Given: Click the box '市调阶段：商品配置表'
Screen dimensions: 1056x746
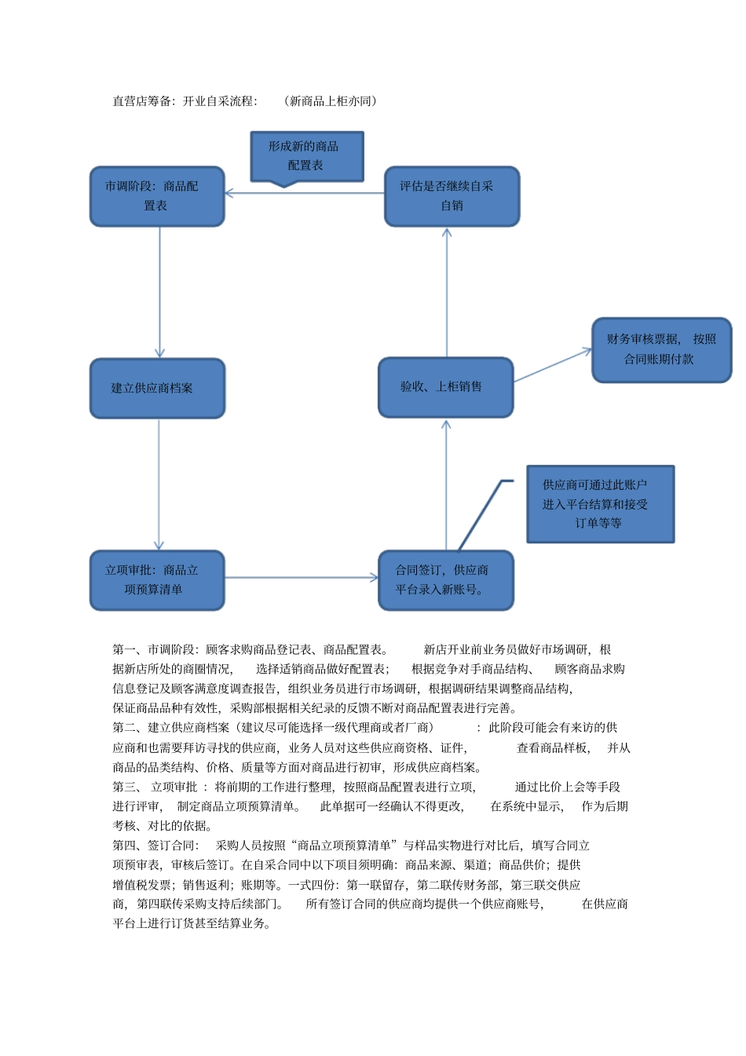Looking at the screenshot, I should pos(157,196).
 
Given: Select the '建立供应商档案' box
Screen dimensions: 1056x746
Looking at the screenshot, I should pos(157,388).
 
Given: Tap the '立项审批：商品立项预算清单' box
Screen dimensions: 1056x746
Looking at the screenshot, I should pos(157,580).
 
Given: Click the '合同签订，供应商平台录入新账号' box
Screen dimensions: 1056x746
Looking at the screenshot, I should pos(445,580).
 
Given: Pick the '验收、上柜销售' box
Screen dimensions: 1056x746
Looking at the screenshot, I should pos(445,387).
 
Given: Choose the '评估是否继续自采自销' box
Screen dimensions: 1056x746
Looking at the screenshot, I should pos(452,196).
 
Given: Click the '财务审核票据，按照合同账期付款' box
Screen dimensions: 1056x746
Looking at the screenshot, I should pos(661,350).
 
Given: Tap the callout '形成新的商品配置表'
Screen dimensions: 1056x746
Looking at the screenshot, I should pos(306,156).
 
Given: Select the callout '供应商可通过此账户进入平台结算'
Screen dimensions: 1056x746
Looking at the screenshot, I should pos(600,504).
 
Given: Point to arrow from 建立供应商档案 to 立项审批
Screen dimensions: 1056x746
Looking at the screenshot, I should pos(159,484).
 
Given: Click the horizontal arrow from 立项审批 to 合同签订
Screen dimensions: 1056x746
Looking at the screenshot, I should pos(302,578).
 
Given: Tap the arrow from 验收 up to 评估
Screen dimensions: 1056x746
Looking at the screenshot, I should pos(447,292).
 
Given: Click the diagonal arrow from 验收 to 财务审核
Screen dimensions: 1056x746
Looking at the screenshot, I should pos(552,366).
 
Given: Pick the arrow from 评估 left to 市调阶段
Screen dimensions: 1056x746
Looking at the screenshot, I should pos(305,192).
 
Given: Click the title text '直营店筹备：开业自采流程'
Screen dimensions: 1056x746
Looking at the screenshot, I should pos(185,101).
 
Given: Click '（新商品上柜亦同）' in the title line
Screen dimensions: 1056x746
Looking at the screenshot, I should pos(330,101).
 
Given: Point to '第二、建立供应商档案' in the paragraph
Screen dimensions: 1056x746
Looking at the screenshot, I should pos(171,728).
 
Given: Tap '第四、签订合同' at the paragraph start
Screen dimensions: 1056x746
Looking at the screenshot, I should pos(155,846).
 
